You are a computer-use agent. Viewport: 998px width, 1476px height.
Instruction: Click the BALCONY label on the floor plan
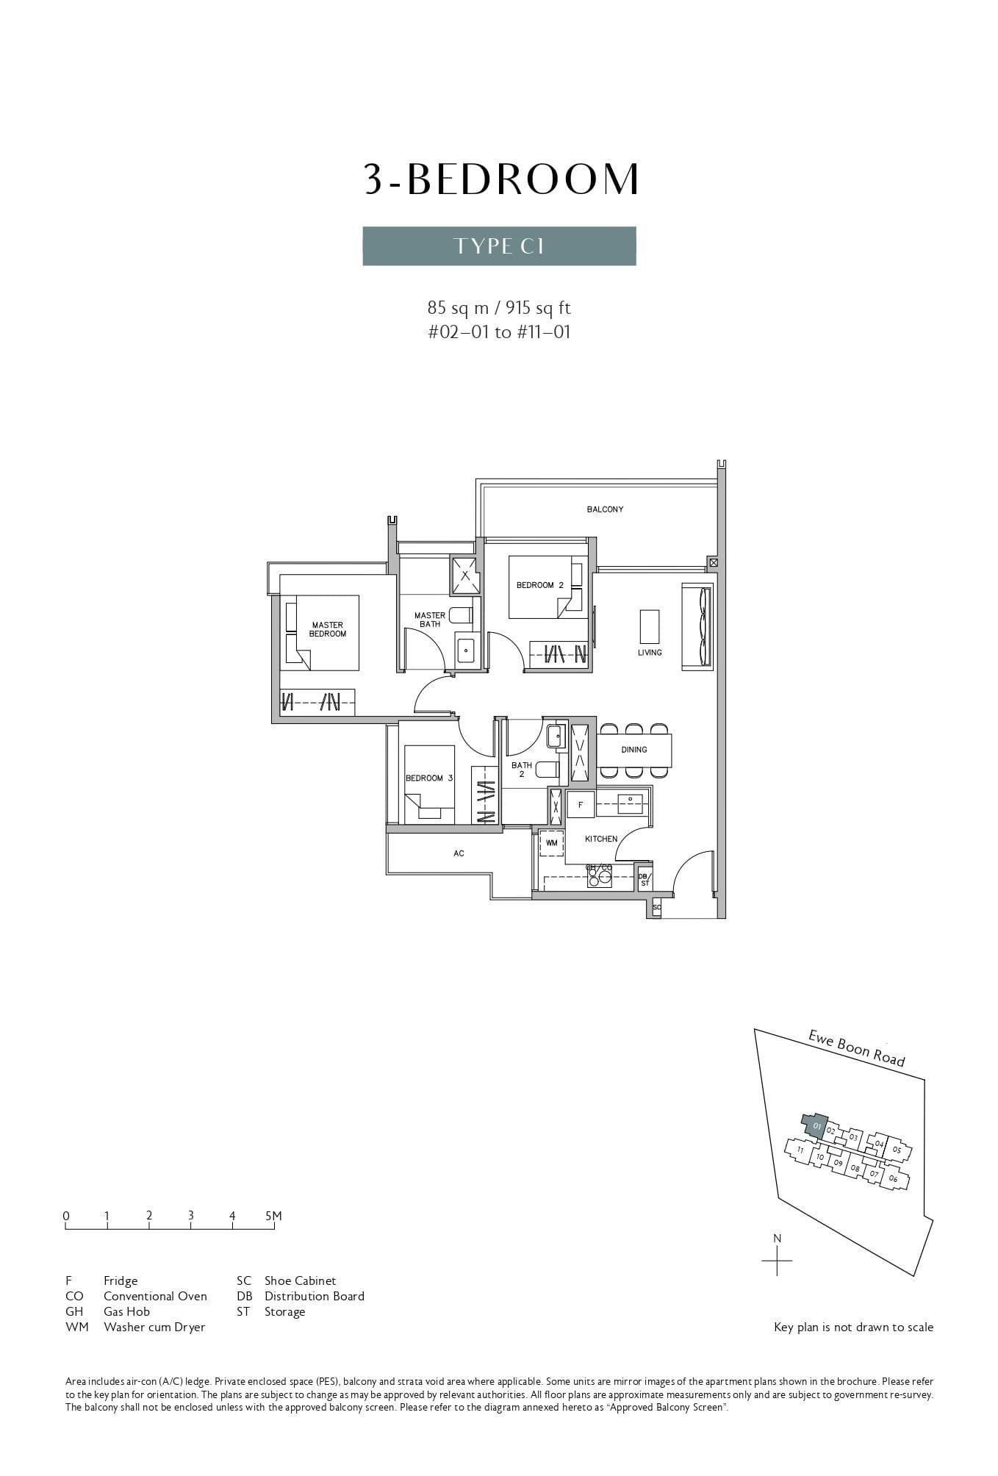click(x=605, y=509)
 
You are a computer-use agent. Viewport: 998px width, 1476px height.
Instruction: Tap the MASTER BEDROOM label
click(x=327, y=629)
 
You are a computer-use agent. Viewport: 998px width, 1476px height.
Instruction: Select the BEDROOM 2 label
click(x=539, y=585)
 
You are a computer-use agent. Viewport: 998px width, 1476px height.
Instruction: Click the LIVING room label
click(x=650, y=652)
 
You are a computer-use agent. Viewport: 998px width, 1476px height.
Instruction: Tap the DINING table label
click(x=633, y=750)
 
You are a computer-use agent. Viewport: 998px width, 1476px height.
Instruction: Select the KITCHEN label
click(x=600, y=839)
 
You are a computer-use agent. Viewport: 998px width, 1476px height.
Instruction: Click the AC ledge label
click(x=459, y=853)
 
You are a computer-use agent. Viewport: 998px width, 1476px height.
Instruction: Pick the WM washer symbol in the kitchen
click(x=551, y=843)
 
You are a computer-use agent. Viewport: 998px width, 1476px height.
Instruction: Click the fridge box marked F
click(x=581, y=805)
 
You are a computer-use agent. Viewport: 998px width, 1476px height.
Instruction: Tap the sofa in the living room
click(x=697, y=627)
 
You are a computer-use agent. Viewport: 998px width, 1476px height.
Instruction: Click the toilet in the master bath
click(x=461, y=615)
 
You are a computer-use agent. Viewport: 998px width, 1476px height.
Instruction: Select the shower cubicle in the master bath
click(x=464, y=576)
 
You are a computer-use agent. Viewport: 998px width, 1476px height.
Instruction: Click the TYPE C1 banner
click(x=499, y=246)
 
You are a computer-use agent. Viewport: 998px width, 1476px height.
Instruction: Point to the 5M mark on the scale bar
click(x=273, y=1217)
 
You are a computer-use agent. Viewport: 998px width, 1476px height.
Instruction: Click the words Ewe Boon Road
click(x=856, y=1048)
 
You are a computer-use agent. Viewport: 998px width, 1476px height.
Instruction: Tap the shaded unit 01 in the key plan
click(x=814, y=1125)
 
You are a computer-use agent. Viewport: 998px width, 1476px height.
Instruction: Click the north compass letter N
click(x=777, y=1239)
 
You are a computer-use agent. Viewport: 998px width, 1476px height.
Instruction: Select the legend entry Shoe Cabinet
click(x=300, y=1280)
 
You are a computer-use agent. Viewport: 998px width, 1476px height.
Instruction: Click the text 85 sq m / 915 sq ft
click(x=499, y=307)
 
